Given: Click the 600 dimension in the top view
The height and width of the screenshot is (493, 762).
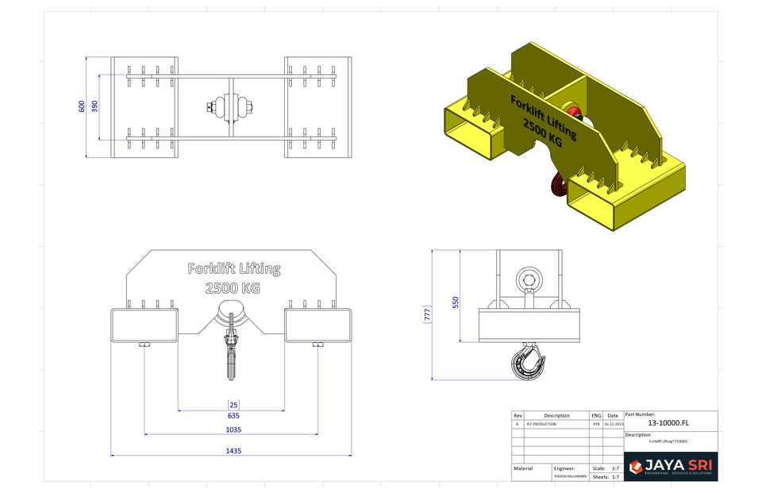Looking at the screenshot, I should (82, 106).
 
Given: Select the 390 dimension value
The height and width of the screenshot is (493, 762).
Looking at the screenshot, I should (94, 106).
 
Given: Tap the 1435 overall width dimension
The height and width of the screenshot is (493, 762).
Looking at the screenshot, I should (233, 450).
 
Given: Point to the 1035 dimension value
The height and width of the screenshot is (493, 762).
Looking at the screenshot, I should (233, 429).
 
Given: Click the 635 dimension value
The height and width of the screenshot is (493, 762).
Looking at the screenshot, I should (233, 415).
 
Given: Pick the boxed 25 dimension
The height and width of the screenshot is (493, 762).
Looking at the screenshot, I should (233, 405).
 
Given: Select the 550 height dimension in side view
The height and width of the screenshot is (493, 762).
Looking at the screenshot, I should (456, 302).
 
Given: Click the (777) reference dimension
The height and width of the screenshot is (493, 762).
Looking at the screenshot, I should (427, 314).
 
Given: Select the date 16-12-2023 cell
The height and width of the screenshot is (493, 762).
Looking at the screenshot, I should (612, 425).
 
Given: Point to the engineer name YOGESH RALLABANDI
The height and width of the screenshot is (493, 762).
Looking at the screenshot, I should (570, 476).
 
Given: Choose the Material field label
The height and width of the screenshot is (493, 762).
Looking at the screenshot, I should (523, 468).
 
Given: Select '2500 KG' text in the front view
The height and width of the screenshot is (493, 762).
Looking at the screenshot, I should (233, 288).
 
